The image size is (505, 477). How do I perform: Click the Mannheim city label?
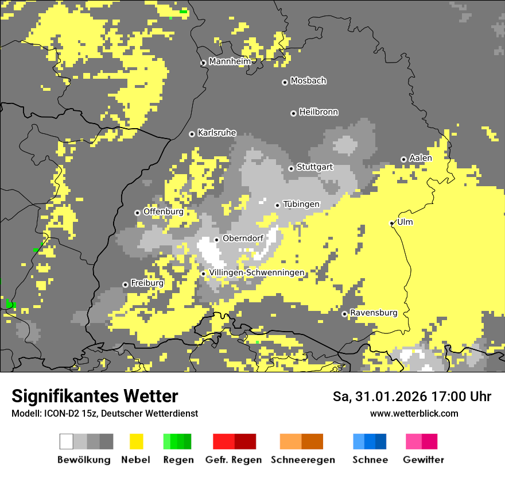pos(230,61)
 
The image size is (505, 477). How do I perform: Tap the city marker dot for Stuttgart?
pos(292,168)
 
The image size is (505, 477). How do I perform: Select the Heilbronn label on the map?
pos(318,112)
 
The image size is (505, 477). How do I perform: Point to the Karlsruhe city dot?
pos(192,134)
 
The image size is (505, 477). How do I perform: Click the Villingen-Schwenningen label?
pos(257,272)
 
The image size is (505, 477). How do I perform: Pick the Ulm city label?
pos(405,222)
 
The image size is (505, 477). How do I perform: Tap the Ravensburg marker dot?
pos(344,314)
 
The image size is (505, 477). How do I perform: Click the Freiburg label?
pos(147,283)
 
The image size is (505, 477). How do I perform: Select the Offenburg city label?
pos(163,211)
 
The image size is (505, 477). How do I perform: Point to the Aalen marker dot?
pos(403,159)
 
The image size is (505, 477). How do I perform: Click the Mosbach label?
pos(308,81)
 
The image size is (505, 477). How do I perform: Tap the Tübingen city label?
pos(301,204)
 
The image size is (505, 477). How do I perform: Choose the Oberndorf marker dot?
pos(216,240)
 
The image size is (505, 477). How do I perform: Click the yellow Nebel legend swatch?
pos(136,441)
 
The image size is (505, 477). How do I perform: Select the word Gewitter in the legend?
pos(424,460)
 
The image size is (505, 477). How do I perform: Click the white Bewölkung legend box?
pos(67,441)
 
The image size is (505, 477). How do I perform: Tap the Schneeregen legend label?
pos(303,460)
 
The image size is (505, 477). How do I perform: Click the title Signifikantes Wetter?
pos(95,397)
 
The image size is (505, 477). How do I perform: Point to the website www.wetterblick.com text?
pos(414,414)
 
